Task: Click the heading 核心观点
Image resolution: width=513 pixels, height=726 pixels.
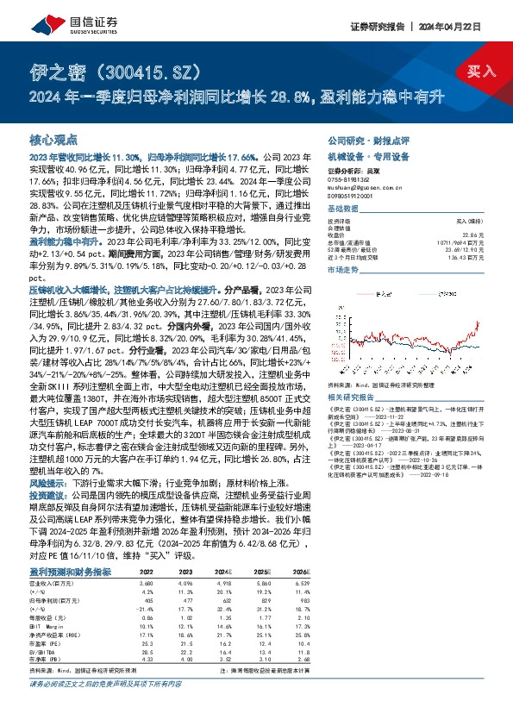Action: [x=54, y=139]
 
